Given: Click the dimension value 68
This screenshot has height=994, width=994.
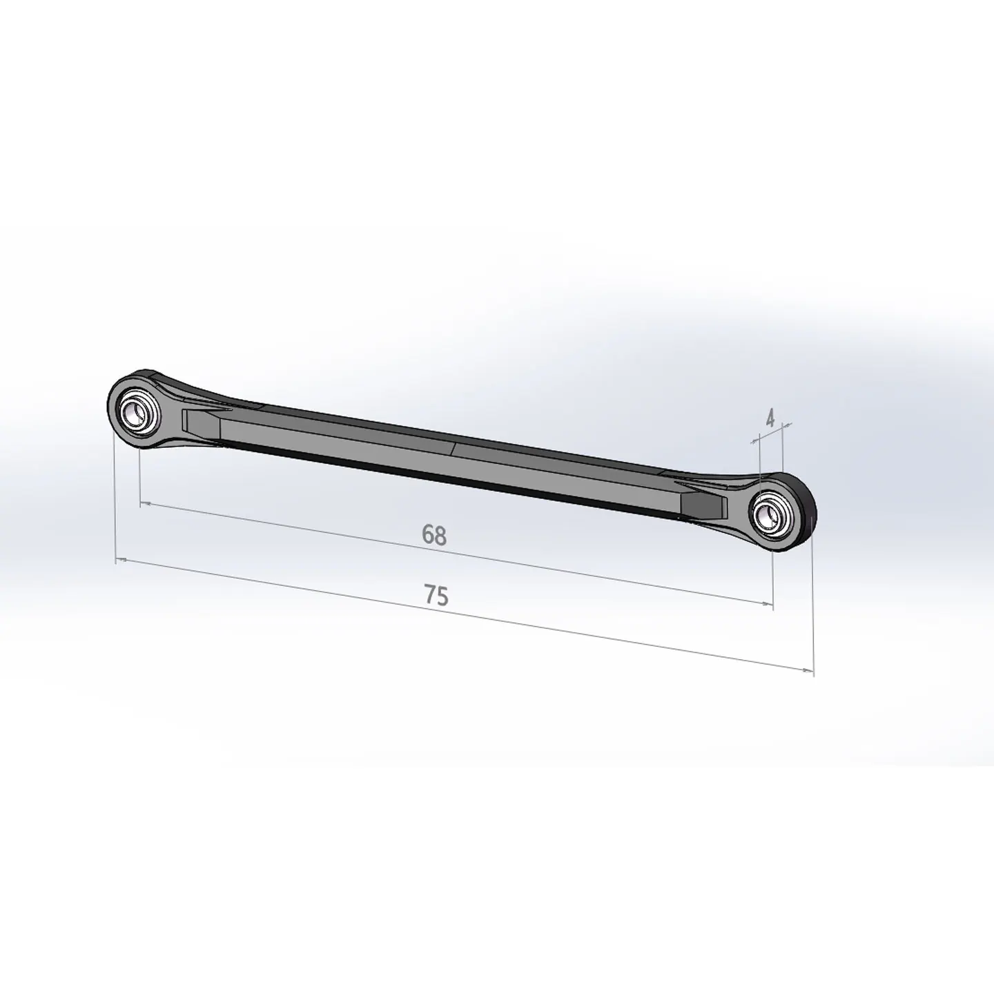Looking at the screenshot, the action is [433, 535].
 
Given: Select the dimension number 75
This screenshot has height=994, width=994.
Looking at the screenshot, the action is [436, 595].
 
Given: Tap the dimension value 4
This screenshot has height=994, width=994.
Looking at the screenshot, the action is [770, 418].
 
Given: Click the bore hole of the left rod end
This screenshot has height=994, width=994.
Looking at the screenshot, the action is [137, 413].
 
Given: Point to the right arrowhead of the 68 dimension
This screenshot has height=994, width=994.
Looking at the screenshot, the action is [768, 603].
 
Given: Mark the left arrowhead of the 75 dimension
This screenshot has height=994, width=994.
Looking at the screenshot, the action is [121, 559].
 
